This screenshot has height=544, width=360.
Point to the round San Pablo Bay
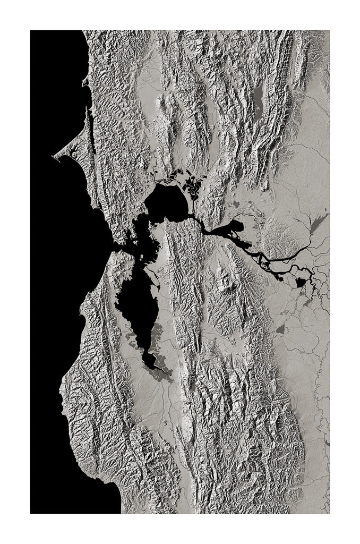point(166,203)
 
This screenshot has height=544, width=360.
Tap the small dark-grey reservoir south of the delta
point(280,330)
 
